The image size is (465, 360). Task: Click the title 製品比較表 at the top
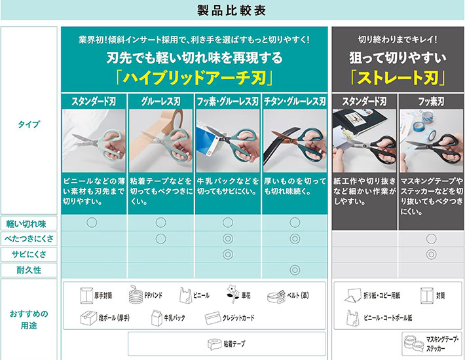pos(232,10)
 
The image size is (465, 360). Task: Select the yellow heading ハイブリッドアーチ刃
pos(195,78)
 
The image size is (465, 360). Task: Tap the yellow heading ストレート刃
pos(398,78)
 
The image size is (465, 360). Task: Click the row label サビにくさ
pos(29,255)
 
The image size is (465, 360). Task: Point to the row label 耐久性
pos(29,270)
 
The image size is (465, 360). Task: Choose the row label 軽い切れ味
pos(26,224)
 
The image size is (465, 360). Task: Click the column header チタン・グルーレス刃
pos(295,101)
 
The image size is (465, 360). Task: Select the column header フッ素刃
pos(431,101)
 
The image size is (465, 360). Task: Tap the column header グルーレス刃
pos(160,101)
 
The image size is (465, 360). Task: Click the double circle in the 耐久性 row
pos(295,270)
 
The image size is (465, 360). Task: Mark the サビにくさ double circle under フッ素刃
pos(431,254)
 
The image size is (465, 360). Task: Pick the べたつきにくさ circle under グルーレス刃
pos(160,238)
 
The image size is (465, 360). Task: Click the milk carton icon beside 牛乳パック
pos(157,318)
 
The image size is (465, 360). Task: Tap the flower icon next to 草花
pos(232,294)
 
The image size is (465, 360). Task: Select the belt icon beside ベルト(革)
pos(276,297)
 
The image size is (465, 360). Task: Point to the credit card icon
pos(213,318)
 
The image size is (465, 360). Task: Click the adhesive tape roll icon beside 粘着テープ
pos(214,344)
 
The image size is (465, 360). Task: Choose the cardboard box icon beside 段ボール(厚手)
pos(88,318)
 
